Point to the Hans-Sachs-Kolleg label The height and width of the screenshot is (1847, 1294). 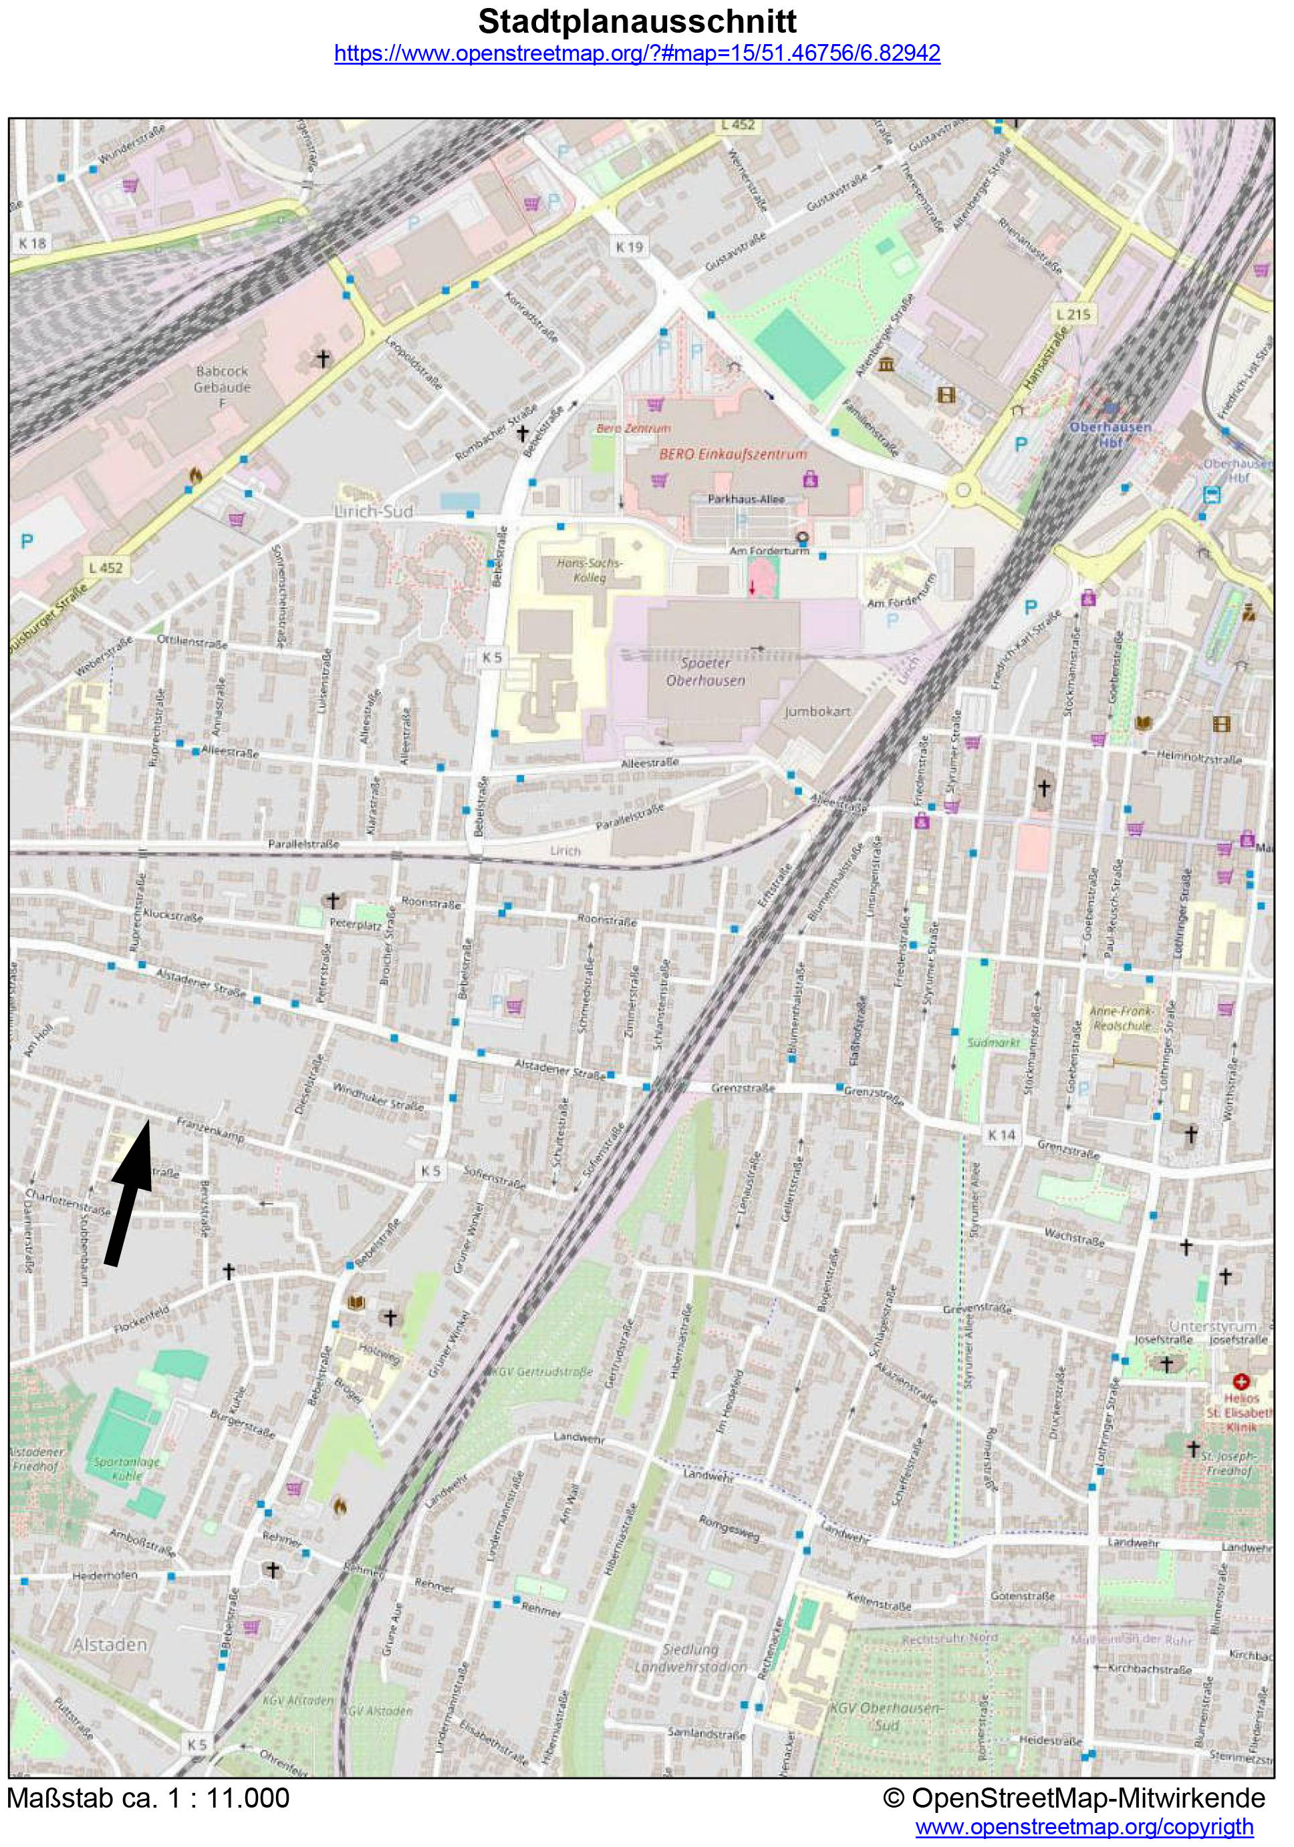coord(590,570)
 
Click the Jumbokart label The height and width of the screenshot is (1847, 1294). coord(817,711)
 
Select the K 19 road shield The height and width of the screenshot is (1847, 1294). coord(630,247)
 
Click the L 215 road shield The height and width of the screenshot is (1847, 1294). coord(1073,314)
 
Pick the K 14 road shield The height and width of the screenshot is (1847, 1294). coord(1001,1134)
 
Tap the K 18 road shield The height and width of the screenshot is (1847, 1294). coord(33,242)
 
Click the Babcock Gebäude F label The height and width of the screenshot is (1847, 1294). coord(222,386)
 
